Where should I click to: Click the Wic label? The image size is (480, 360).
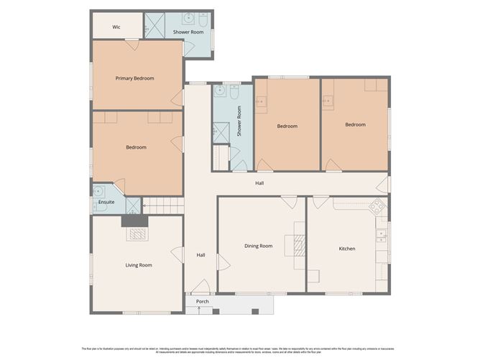click(116, 27)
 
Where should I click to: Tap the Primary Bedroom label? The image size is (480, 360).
click(135, 78)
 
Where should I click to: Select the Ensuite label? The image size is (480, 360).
click(106, 202)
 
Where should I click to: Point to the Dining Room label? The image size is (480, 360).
click(258, 246)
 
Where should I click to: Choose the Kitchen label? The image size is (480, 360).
click(347, 249)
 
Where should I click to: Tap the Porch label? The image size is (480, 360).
click(203, 301)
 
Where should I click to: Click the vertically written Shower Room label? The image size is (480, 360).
click(239, 122)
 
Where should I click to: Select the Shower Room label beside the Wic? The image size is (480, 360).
click(187, 32)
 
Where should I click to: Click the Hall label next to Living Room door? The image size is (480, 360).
click(201, 255)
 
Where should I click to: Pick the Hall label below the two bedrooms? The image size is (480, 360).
click(259, 183)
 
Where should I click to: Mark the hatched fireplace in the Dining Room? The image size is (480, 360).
click(298, 246)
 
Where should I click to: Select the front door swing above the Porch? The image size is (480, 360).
click(191, 290)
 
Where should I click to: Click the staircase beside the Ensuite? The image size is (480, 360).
click(163, 205)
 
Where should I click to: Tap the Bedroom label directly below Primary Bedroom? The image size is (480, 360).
click(136, 147)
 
